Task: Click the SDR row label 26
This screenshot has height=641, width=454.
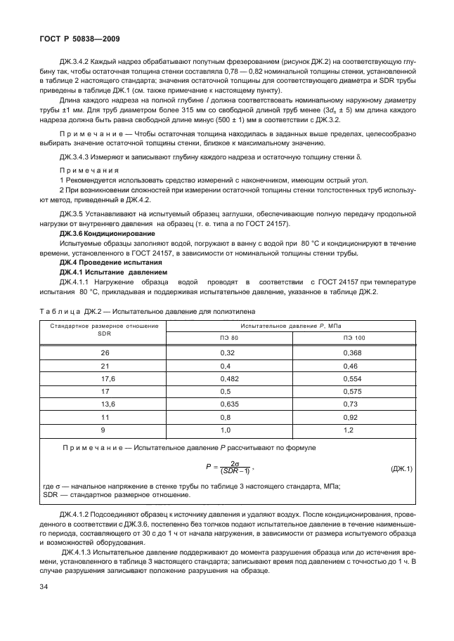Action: [x=105, y=352]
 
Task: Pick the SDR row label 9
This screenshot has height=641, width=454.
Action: [x=105, y=430]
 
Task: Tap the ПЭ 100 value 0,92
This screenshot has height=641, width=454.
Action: [x=354, y=418]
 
